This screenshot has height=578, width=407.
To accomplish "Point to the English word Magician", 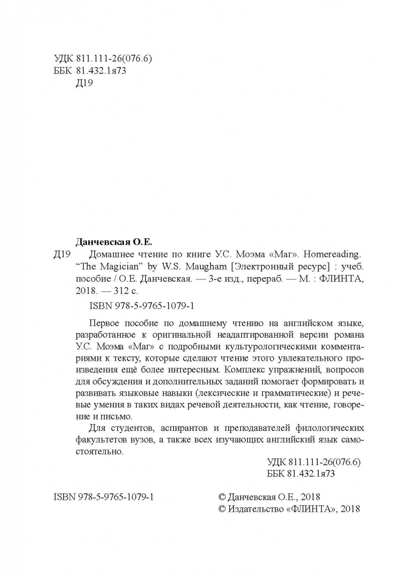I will pyautogui.click(x=114, y=267).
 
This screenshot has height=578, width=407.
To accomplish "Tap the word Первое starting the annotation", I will pyautogui.click(x=102, y=323).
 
